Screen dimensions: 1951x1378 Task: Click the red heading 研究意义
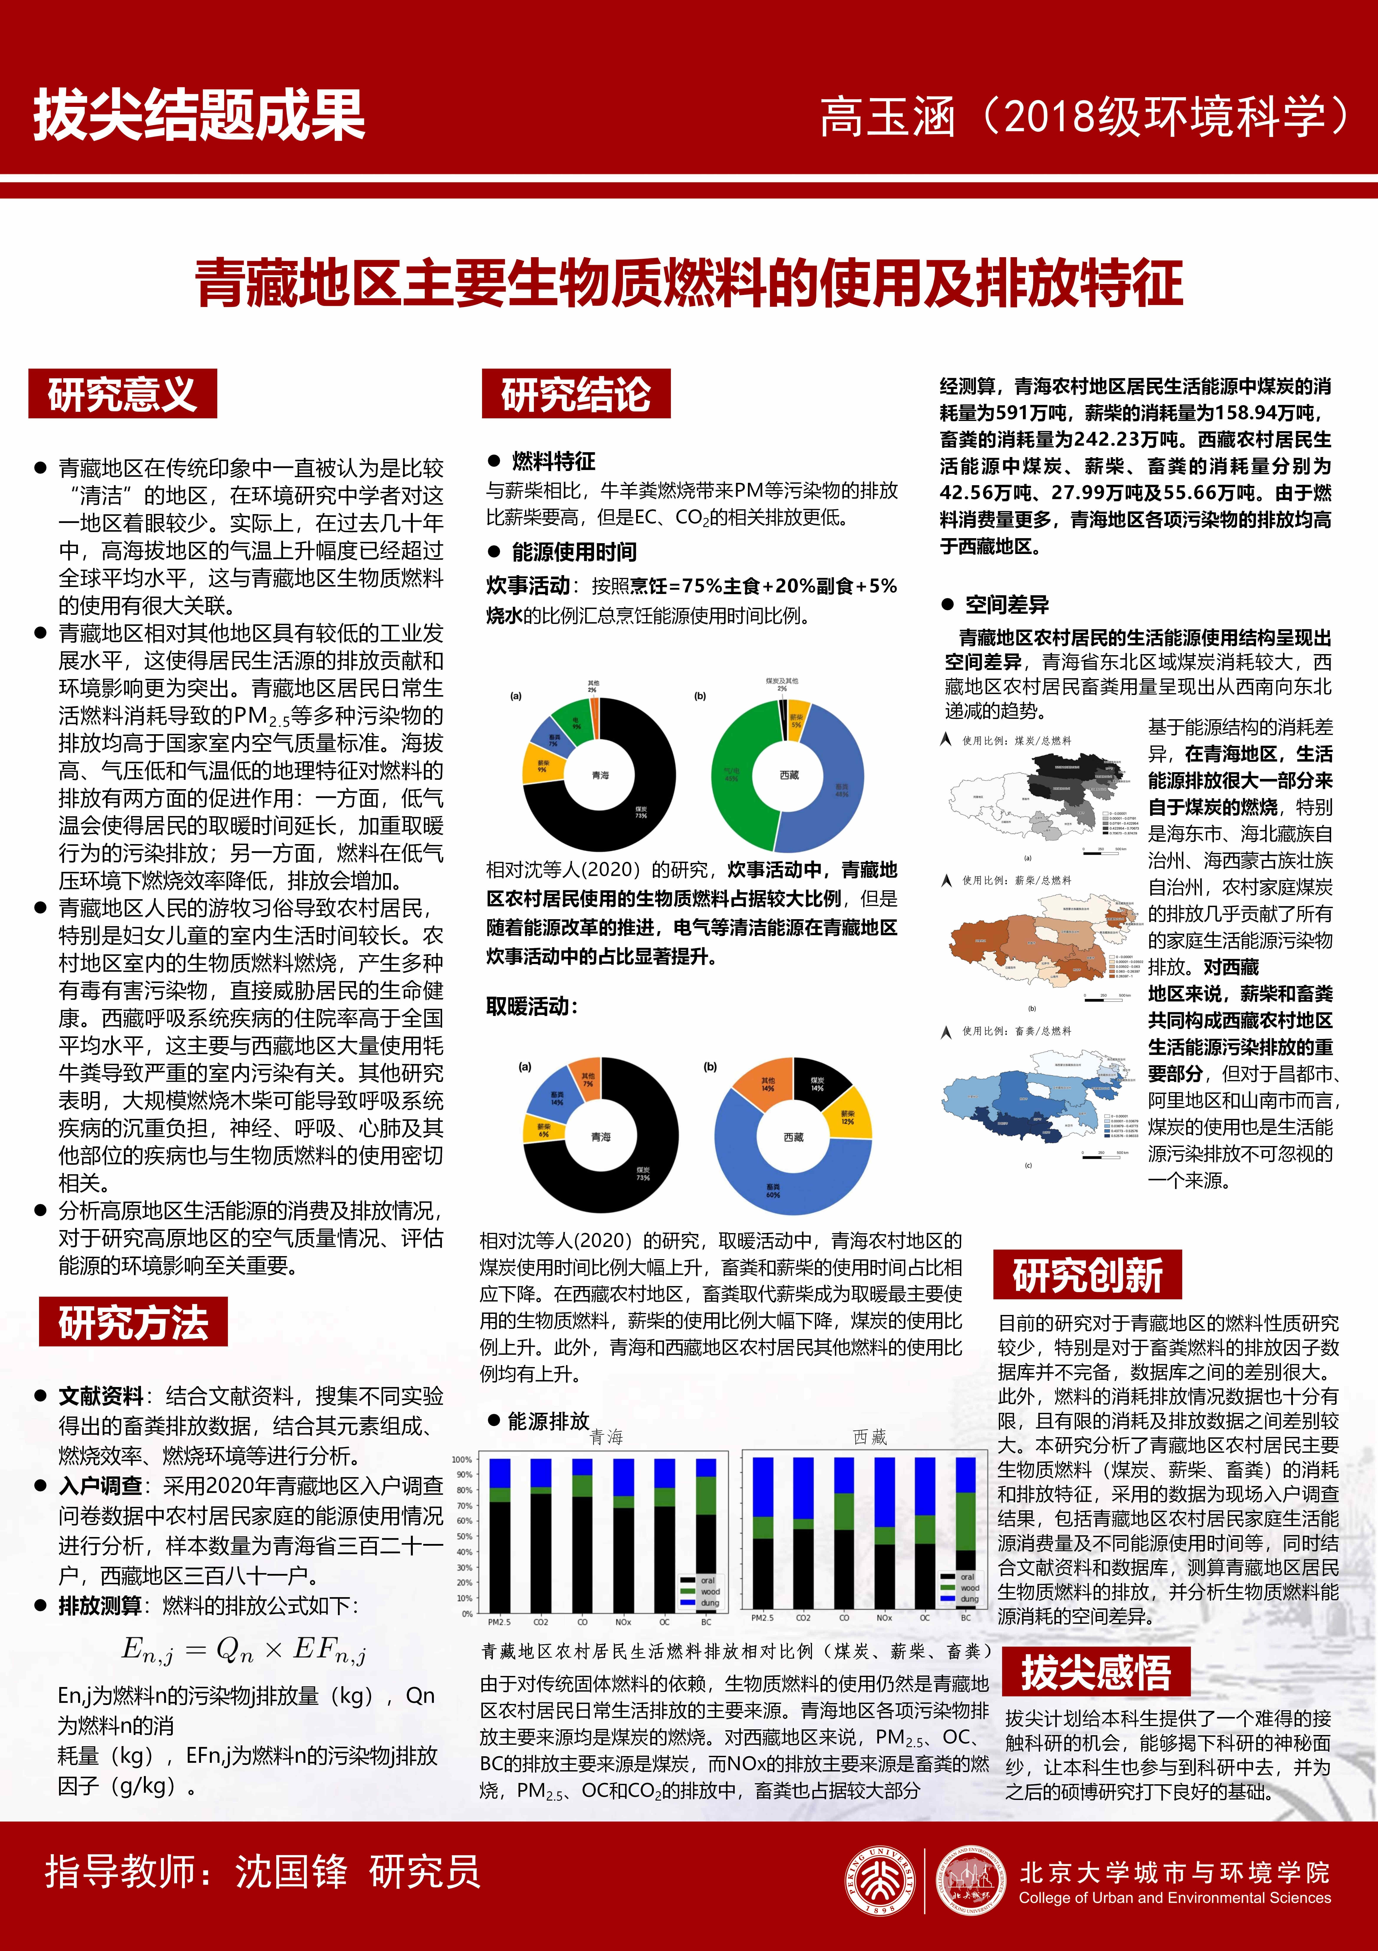pos(122,394)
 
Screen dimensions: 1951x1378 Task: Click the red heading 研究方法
pos(133,1322)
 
